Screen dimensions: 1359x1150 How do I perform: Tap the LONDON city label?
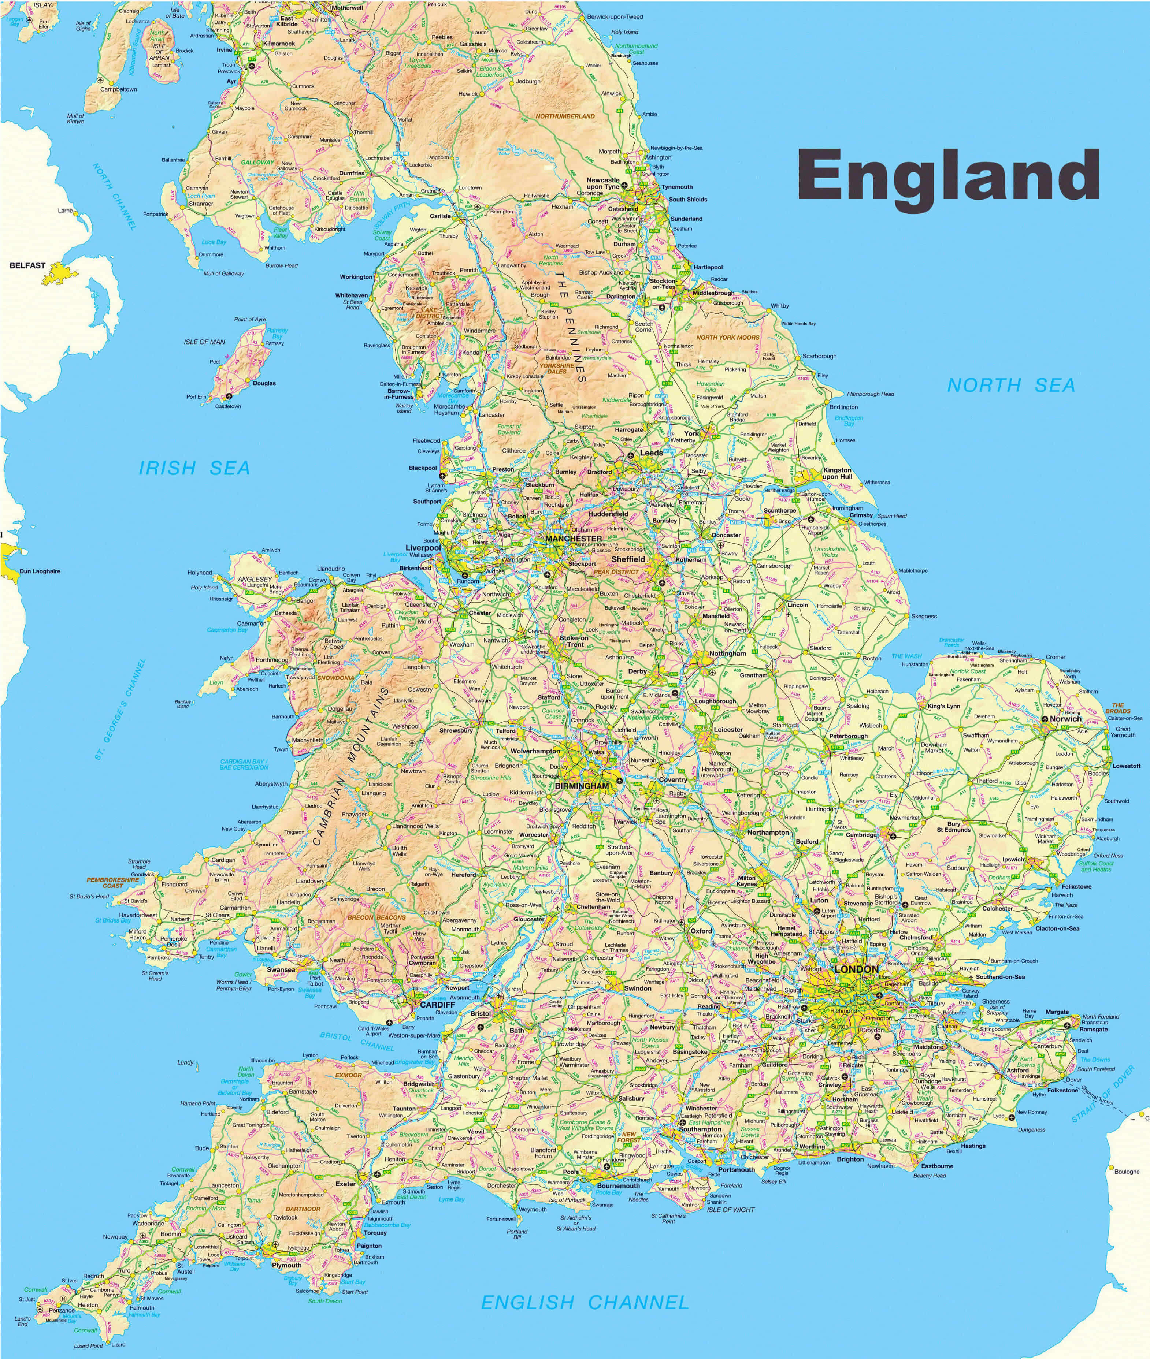pyautogui.click(x=857, y=969)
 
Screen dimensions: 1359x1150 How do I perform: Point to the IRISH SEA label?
pyautogui.click(x=194, y=468)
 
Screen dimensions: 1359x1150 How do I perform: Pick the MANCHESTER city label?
pyautogui.click(x=574, y=539)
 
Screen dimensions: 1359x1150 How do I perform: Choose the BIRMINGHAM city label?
pyautogui.click(x=582, y=786)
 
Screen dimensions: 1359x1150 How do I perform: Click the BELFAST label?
pyautogui.click(x=27, y=265)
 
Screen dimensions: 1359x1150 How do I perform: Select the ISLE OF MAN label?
pyautogui.click(x=204, y=342)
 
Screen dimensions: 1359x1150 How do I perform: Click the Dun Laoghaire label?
pyautogui.click(x=40, y=571)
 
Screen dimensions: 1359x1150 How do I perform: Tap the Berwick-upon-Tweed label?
pyautogui.click(x=615, y=16)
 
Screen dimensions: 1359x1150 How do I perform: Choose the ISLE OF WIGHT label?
pyautogui.click(x=730, y=1210)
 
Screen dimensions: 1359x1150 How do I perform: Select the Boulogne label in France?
pyautogui.click(x=1127, y=1171)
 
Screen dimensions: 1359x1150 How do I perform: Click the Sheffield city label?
pyautogui.click(x=628, y=559)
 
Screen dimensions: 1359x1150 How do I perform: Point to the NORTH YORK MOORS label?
pyautogui.click(x=728, y=338)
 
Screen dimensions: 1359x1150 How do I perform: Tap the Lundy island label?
pyautogui.click(x=185, y=1062)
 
